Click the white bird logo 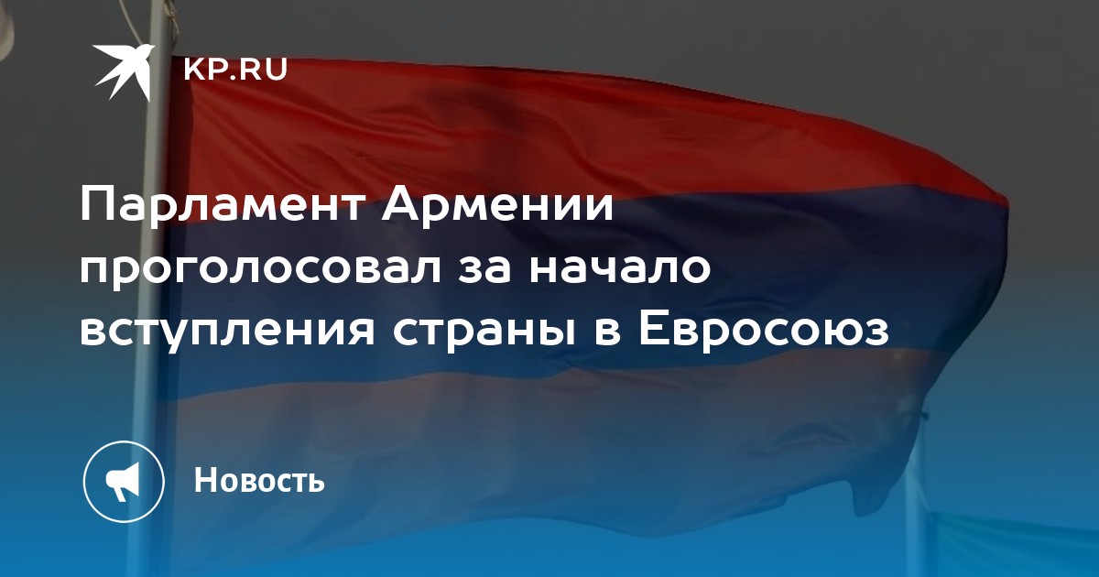124,71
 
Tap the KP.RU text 235,70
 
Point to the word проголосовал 260,271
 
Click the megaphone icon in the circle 124,482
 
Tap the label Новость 259,480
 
